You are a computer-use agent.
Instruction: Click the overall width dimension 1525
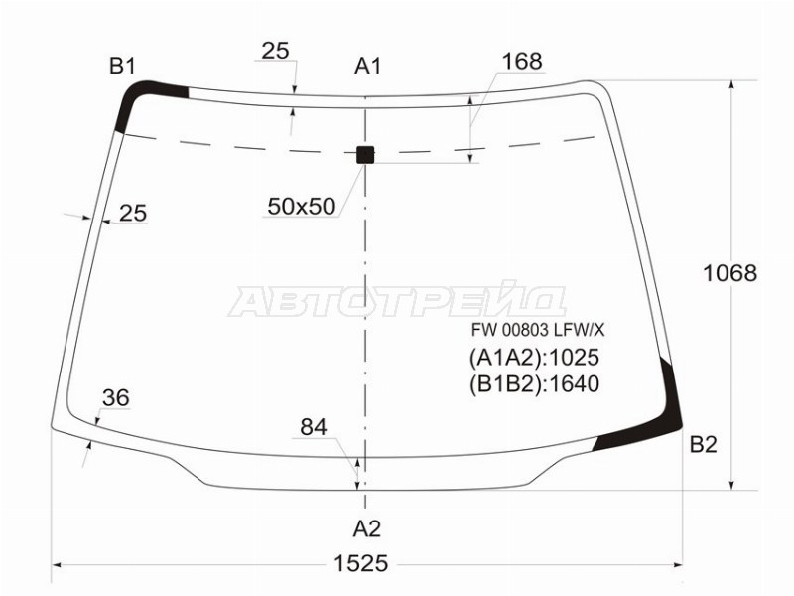pos(361,563)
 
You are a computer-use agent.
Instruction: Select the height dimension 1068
pos(729,273)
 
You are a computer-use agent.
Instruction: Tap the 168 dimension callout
pos(522,61)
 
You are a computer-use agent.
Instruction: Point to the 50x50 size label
pos(302,206)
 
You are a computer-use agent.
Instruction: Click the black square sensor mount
pos(365,155)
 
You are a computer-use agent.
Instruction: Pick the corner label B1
pos(122,66)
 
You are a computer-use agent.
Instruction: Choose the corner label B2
pos(704,444)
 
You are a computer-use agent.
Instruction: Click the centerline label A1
pos(367,66)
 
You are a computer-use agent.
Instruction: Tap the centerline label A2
pos(366,528)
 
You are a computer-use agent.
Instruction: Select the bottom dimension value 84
pos(314,427)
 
